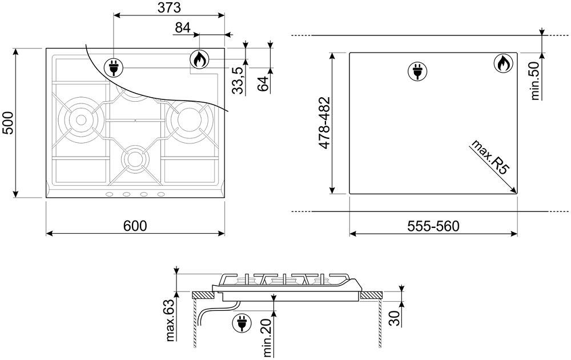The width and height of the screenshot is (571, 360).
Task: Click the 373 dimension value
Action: point(169,7)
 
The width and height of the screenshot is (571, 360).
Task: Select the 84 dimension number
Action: point(183,27)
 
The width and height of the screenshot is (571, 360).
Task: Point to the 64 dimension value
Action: point(263,83)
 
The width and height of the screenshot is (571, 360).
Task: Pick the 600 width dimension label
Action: point(135,226)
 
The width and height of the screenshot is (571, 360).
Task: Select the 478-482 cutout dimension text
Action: point(324,123)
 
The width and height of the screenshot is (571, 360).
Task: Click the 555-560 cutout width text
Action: point(433,226)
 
